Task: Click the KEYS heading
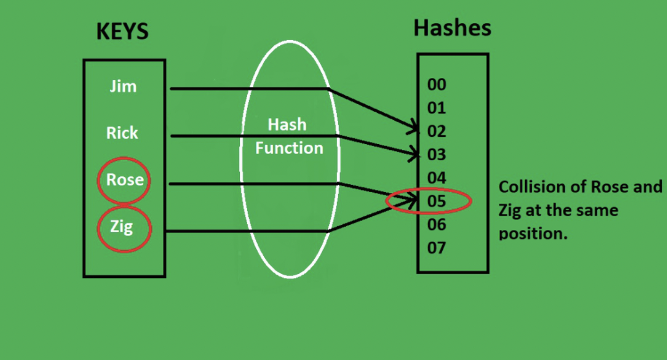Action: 122,32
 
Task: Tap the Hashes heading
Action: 452,28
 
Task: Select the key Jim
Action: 123,86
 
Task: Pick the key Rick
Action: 122,133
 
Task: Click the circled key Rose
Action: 124,179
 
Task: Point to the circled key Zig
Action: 122,227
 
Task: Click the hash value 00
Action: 437,85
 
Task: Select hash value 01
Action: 437,108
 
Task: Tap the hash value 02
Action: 437,131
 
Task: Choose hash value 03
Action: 437,155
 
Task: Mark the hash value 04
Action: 437,178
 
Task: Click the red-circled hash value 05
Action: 437,201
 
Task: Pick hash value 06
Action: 437,224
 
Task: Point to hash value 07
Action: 437,248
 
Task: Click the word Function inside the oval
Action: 289,148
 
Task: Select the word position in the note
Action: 531,234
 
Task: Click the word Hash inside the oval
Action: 287,125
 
